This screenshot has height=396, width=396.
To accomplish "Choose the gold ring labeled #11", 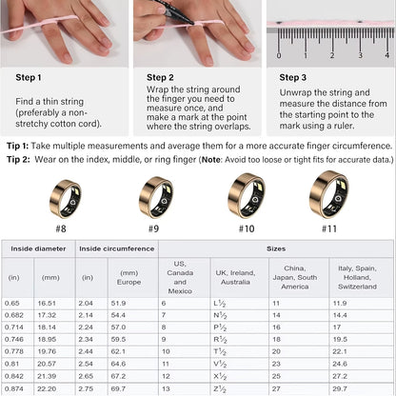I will tap(328, 195).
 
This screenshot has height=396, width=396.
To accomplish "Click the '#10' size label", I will tap(246, 228).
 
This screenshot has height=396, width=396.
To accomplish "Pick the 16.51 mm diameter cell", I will tap(48, 302).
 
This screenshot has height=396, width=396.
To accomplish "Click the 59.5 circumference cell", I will tap(118, 338).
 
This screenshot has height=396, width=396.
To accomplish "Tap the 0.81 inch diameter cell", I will tap(14, 363).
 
